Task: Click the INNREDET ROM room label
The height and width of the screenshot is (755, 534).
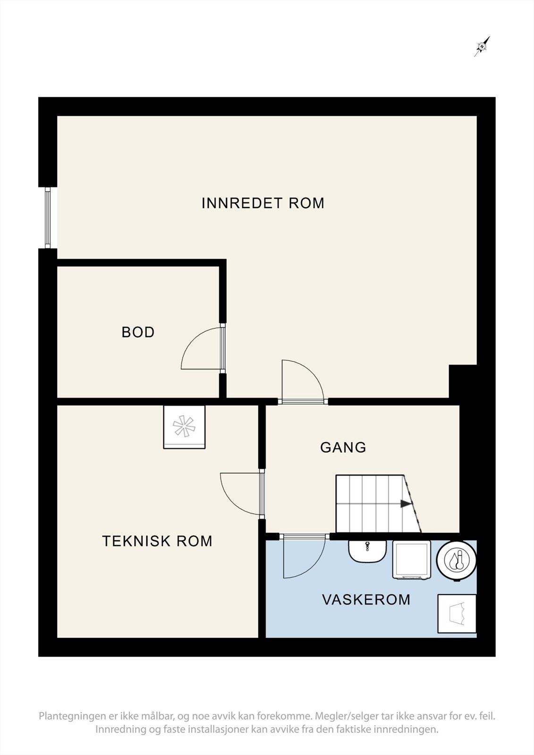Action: click(263, 203)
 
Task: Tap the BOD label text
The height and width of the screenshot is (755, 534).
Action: click(138, 332)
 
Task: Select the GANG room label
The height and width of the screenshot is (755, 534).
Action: click(343, 447)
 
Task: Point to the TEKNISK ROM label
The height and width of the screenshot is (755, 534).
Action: click(157, 541)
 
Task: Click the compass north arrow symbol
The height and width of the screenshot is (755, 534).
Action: click(482, 47)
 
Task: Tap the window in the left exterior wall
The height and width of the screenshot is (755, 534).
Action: click(48, 218)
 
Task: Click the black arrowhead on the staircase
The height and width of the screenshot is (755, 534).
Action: click(406, 504)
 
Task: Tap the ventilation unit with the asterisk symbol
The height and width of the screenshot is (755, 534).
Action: click(184, 427)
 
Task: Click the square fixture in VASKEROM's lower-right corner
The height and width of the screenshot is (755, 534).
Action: click(457, 614)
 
